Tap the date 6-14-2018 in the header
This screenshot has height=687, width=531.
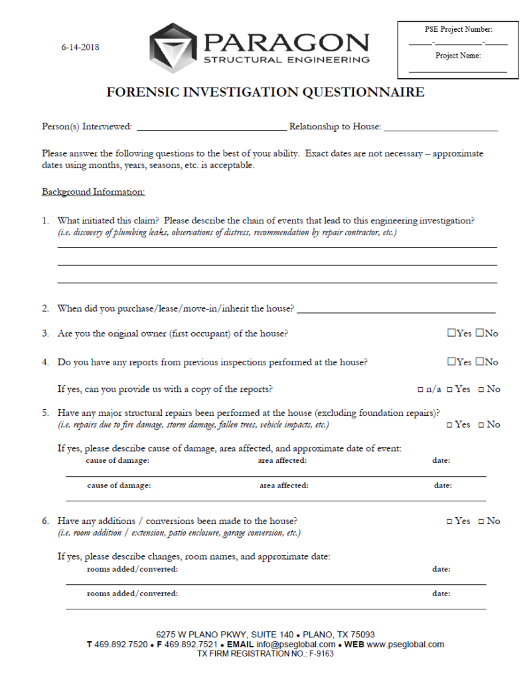(x=81, y=48)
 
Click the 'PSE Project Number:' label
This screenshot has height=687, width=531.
(x=458, y=30)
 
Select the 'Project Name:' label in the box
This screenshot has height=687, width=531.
(x=458, y=56)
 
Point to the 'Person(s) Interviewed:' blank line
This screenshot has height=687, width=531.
(x=211, y=127)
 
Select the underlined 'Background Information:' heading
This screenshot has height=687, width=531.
(x=93, y=192)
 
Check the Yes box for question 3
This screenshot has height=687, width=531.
(x=451, y=334)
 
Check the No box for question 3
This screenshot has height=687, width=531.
(x=479, y=334)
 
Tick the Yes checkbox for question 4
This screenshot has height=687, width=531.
(x=451, y=362)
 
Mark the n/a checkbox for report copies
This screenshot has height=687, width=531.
(x=421, y=390)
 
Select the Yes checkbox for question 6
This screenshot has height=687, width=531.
(x=449, y=522)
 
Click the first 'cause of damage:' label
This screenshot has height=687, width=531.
(x=117, y=460)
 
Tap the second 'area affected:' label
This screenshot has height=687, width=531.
(x=283, y=485)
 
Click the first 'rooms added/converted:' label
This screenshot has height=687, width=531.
(x=132, y=569)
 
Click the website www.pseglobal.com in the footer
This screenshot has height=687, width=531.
(x=405, y=645)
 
